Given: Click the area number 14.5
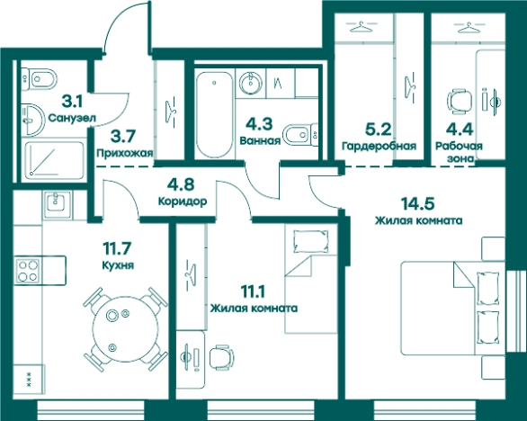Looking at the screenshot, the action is click(x=418, y=203).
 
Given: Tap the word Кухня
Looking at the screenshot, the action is click(x=118, y=265).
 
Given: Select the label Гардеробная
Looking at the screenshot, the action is click(x=380, y=146).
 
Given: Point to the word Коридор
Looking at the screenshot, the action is click(x=183, y=202).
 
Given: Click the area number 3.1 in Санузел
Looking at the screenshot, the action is click(x=73, y=102).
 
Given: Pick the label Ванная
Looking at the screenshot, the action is click(x=260, y=140).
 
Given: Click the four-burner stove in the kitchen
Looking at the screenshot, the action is click(x=28, y=272).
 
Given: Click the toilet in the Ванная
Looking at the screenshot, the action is click(x=300, y=135).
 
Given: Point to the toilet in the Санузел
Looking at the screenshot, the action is click(x=38, y=80).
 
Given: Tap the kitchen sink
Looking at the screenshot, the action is click(x=57, y=202).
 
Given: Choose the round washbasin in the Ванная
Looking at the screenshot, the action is click(x=250, y=83).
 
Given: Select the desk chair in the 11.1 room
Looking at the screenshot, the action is click(x=222, y=357).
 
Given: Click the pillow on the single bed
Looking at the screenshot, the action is click(x=310, y=241).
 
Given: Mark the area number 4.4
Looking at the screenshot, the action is click(x=460, y=129).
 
